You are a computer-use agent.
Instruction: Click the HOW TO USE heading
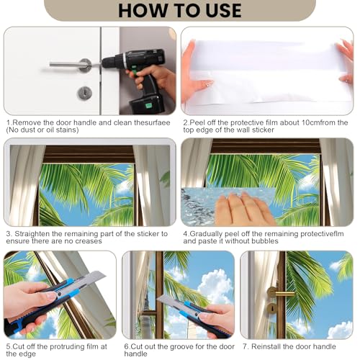180,11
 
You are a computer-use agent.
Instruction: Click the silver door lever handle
71,64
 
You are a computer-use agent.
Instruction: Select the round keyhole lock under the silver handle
84,94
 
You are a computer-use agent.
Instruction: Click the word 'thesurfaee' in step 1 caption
152,122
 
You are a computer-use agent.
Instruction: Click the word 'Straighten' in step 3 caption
31,234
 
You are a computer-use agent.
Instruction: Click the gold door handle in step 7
279,292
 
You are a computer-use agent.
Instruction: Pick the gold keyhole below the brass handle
272,308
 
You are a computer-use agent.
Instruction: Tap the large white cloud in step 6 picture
215,286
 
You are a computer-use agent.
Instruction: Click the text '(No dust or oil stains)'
42,130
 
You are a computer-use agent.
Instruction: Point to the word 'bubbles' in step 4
265,241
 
